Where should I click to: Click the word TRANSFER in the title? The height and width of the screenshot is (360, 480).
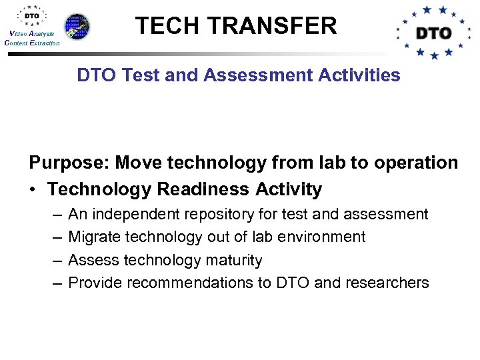click(273, 26)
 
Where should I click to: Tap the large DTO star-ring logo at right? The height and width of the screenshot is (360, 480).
click(433, 32)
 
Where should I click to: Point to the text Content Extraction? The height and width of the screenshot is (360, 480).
click(31, 43)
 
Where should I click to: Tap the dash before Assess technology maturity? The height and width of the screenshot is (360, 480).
click(55, 260)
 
